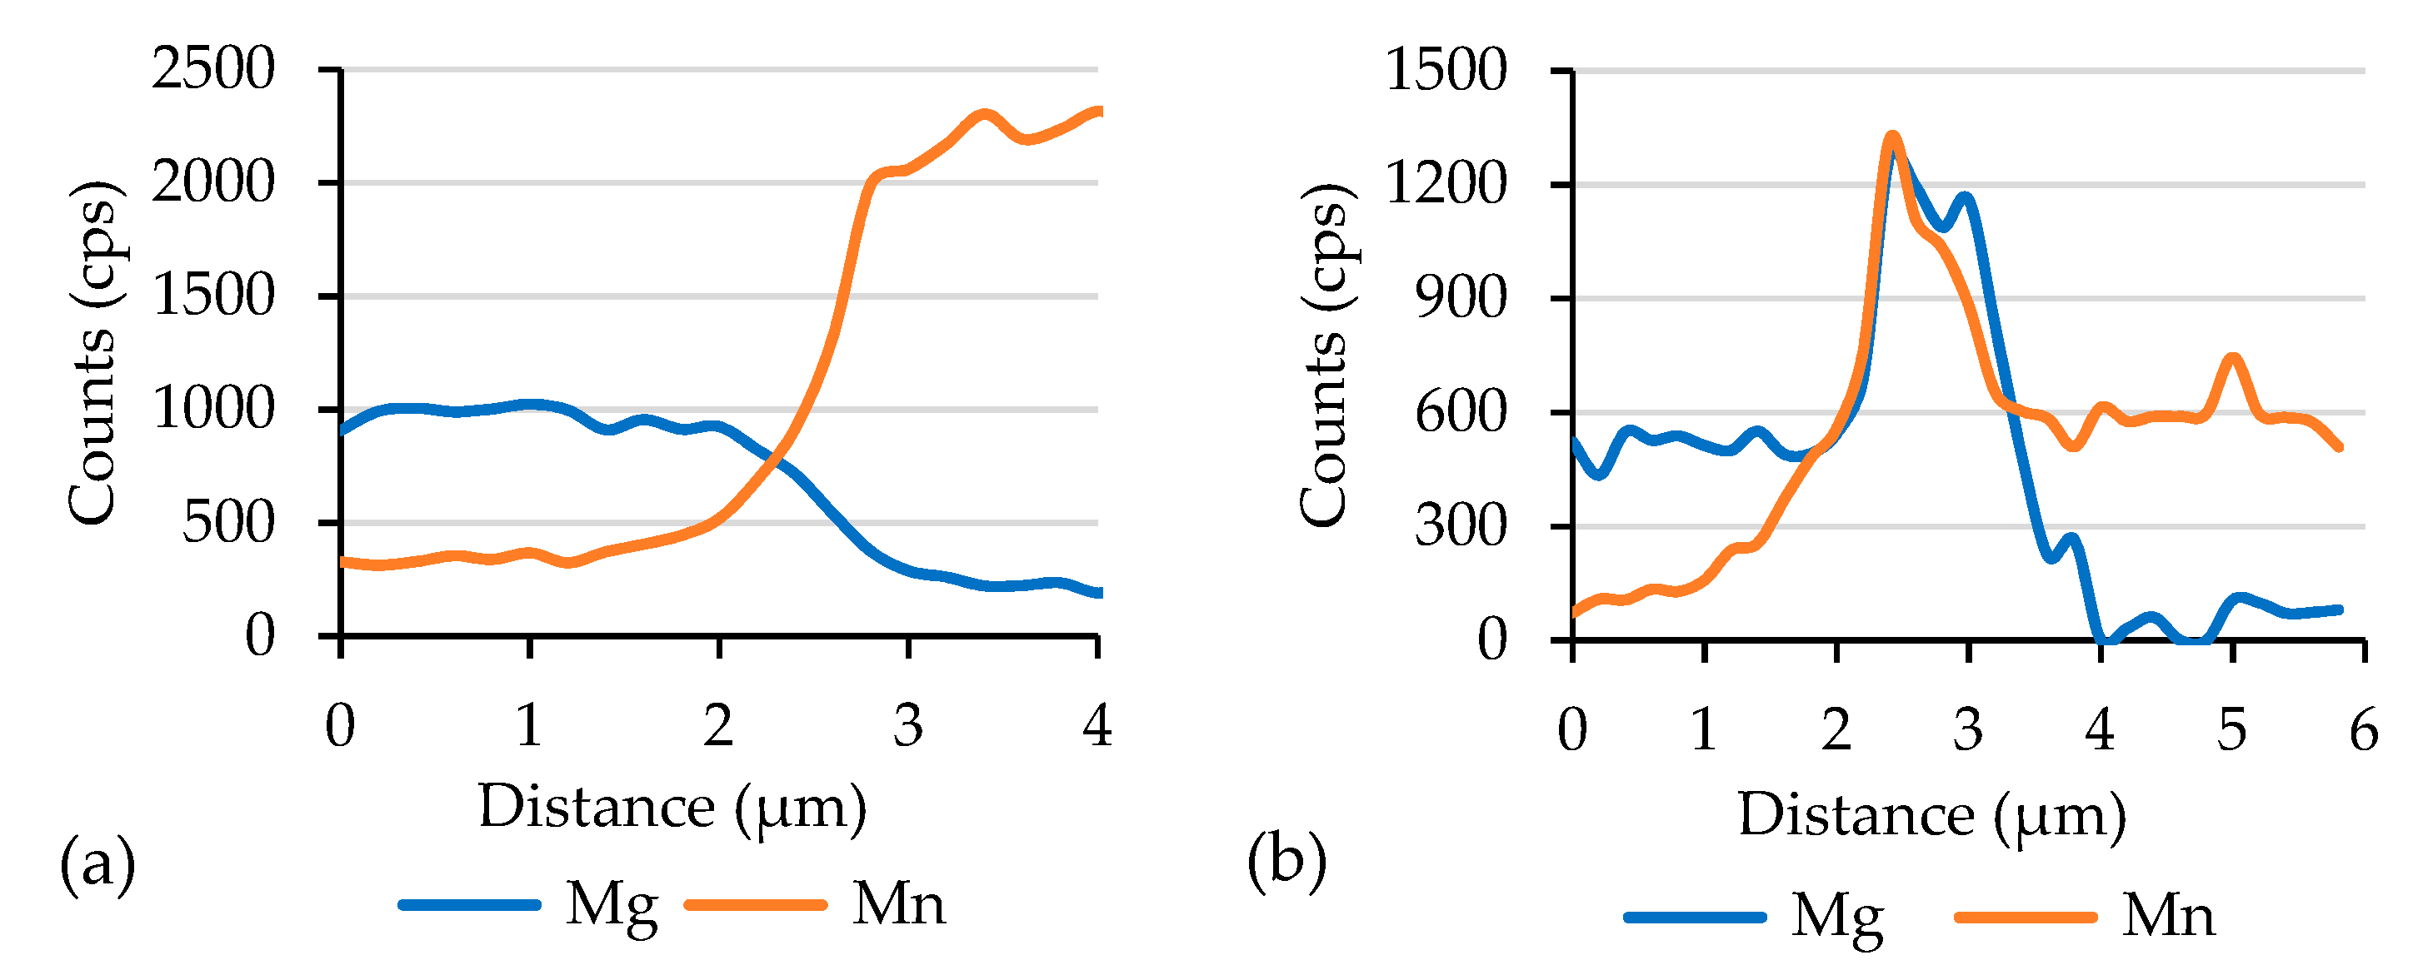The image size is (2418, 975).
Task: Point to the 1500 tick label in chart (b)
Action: [1446, 71]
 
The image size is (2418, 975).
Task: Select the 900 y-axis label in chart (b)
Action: [1461, 300]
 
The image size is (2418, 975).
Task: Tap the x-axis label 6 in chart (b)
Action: [2364, 729]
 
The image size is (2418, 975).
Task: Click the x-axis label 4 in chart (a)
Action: [1097, 725]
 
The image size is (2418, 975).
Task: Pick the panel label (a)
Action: [97, 863]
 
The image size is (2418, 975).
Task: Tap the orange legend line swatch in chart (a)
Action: [756, 904]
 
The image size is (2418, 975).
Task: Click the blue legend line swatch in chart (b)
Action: [1696, 917]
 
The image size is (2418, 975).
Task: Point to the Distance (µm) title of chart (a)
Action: [672, 808]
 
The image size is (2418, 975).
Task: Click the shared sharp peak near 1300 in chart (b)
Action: [1892, 140]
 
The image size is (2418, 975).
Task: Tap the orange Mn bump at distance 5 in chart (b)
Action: [2233, 360]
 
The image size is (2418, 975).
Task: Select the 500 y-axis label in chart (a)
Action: [228, 523]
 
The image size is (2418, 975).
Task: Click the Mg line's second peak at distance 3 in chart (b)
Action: [1966, 198]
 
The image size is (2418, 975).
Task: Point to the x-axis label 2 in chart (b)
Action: [1836, 729]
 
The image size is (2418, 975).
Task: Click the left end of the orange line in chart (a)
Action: [343, 562]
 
